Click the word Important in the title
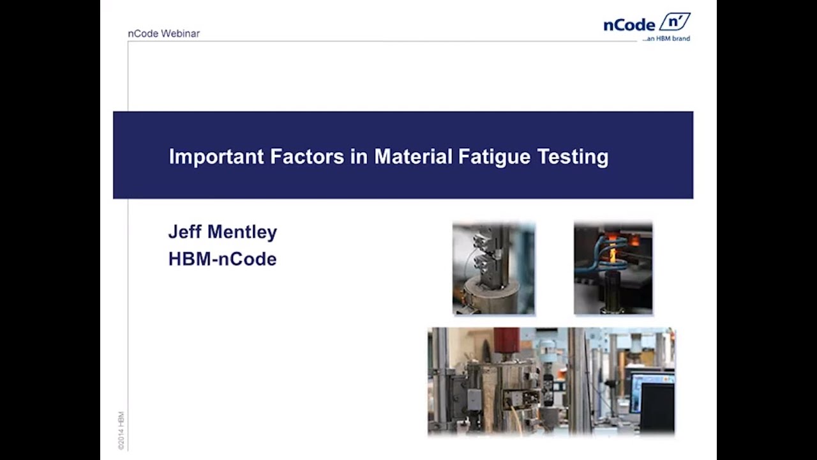[x=216, y=157]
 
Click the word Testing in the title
[x=573, y=157]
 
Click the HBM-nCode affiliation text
[x=222, y=259]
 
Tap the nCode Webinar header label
[x=163, y=33]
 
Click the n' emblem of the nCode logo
[x=674, y=22]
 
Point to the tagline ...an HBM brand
[x=666, y=38]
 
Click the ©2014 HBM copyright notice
[x=121, y=431]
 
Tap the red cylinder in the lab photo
[x=506, y=341]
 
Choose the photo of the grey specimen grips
[x=493, y=268]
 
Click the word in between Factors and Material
[x=359, y=157]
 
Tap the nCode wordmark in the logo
[x=629, y=25]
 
